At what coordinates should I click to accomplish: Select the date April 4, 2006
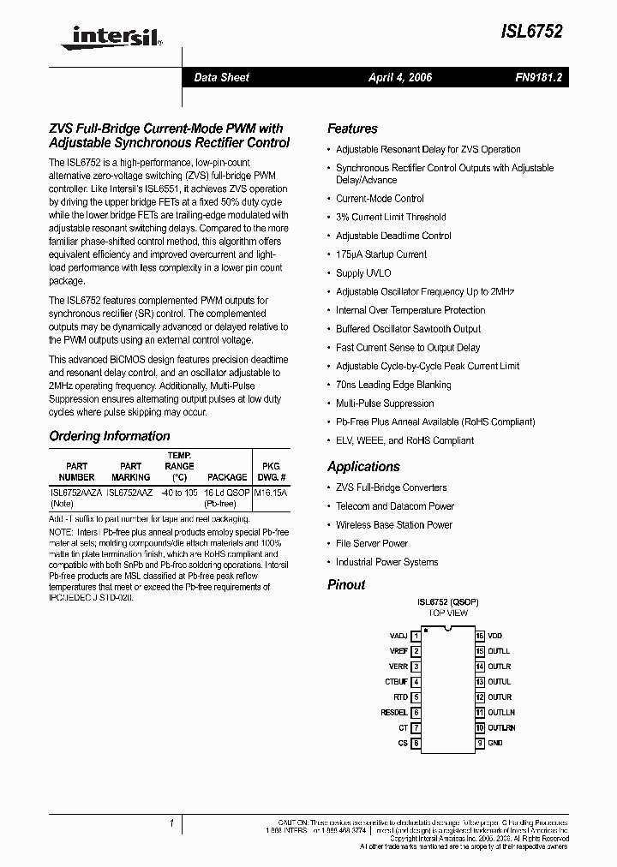point(400,77)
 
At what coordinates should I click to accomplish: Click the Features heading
point(352,129)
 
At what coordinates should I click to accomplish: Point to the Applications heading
point(363,467)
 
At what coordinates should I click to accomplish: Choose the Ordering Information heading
point(109,436)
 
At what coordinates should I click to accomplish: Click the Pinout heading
point(346,585)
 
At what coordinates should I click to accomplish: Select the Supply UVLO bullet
point(362,273)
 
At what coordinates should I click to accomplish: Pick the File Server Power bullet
point(372,543)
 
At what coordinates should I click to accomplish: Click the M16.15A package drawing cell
point(271,493)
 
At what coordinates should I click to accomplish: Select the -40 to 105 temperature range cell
point(179,493)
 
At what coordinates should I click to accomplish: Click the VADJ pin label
point(398,637)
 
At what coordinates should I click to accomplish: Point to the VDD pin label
point(496,637)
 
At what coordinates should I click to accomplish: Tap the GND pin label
point(495,743)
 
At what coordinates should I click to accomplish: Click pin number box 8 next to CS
point(416,743)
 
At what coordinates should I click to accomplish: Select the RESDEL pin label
point(394,712)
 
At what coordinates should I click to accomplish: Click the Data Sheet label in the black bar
point(221,77)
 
